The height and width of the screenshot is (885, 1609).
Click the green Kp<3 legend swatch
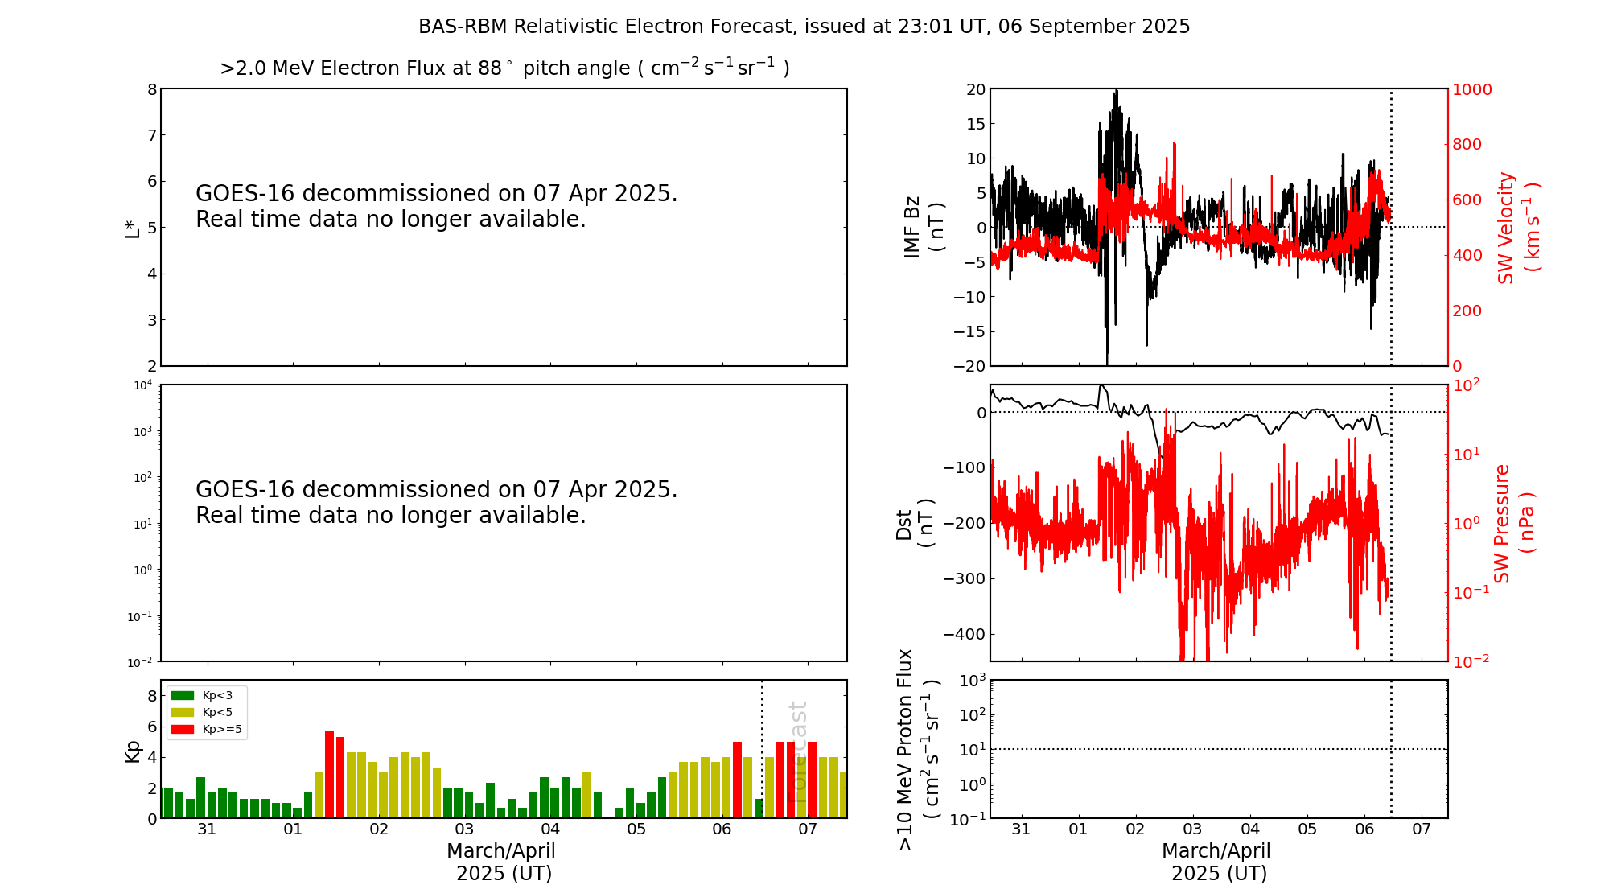pos(183,695)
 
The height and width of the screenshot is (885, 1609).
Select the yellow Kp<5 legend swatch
pos(183,712)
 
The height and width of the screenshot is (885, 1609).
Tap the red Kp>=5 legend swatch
pos(183,730)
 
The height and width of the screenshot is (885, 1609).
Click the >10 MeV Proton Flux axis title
pos(918,749)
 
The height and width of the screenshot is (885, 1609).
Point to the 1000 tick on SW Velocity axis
pos(1471,89)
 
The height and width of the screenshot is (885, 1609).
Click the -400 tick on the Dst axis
pos(965,634)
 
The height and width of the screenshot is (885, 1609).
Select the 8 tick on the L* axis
pos(152,89)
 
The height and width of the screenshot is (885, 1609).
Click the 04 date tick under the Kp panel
pos(550,829)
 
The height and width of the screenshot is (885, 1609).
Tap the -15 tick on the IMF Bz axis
pos(969,331)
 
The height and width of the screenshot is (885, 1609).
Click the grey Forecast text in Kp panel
pos(797,751)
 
